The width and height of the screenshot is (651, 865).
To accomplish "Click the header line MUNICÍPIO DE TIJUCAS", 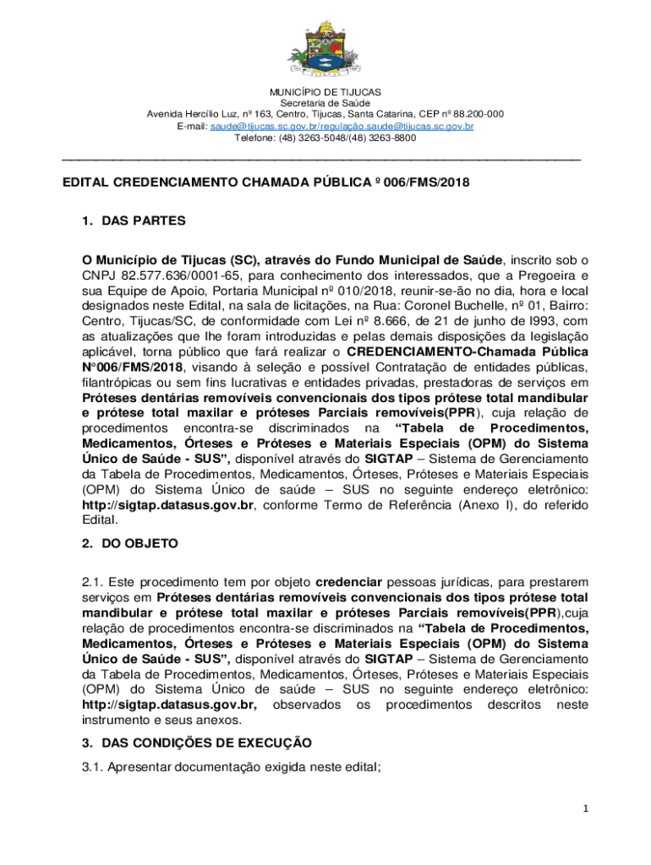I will [325, 91].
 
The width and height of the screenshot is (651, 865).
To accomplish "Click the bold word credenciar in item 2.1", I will [349, 582].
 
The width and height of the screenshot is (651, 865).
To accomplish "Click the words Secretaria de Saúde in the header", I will [325, 103].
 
